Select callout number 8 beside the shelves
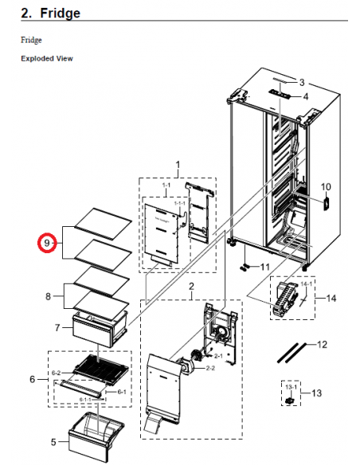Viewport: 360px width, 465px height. tap(49, 296)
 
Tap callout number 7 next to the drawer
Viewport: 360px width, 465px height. tap(57, 327)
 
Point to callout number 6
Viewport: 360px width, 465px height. tap(32, 379)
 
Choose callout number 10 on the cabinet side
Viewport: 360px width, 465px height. tap(325, 187)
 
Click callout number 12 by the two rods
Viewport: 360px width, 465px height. tap(322, 345)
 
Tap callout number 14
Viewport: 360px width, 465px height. tap(331, 299)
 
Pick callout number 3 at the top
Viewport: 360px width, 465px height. tap(302, 82)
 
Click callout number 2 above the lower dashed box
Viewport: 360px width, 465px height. tap(191, 286)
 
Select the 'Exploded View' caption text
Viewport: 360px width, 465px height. tap(47, 59)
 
